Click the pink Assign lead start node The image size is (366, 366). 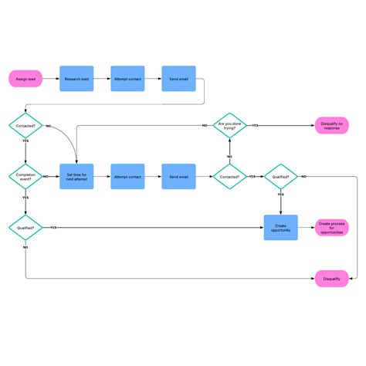pos(25,78)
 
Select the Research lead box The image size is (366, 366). pos(76,78)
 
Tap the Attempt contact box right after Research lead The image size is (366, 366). pos(127,78)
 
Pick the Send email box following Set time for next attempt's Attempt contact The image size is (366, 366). pos(178,177)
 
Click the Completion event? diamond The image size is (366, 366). pos(25,177)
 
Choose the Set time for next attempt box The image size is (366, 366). pos(76,177)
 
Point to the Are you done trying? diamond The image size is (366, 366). pos(229,124)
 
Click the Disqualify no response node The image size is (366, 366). pos(332,124)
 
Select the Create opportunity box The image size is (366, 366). pos(280,228)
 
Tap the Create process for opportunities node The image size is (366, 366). pos(332,228)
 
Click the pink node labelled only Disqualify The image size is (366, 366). pos(332,279)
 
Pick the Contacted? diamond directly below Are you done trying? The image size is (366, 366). pos(229,177)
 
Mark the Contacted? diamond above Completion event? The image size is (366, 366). pos(25,124)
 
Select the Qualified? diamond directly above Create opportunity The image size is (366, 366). pos(281,177)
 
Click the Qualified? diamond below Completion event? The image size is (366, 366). pos(25,228)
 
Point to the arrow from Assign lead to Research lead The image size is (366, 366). pos(51,78)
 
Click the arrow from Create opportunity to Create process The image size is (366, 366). pos(306,228)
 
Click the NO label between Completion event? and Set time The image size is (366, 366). pos(45,177)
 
